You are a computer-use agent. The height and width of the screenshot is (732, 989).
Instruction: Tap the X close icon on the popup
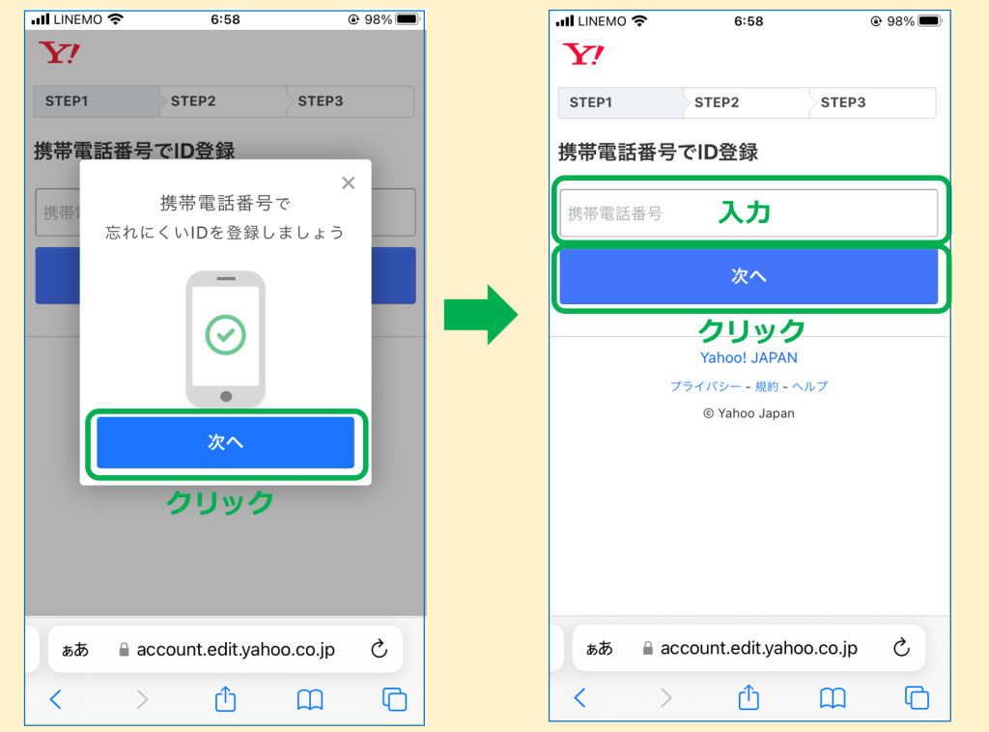click(x=348, y=183)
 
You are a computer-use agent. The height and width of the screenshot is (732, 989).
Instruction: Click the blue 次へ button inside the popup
click(x=225, y=442)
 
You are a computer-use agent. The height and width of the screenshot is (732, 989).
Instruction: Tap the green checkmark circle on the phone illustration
click(x=225, y=335)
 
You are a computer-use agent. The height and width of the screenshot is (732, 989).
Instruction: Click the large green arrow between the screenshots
click(x=481, y=314)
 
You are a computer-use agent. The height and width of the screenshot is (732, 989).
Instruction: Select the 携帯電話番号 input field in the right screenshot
click(x=749, y=213)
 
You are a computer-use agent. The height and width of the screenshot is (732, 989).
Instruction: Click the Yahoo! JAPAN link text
click(x=749, y=357)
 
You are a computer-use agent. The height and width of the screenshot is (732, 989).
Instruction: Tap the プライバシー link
click(x=705, y=386)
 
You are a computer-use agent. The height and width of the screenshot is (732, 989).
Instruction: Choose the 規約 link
click(x=766, y=386)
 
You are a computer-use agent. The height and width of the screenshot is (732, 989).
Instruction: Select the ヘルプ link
click(x=810, y=386)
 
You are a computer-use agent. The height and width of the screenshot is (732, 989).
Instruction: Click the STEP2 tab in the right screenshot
click(x=717, y=102)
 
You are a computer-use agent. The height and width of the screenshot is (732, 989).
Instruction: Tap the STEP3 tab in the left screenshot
click(x=321, y=100)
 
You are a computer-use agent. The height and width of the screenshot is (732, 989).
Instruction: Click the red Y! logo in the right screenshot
click(x=583, y=54)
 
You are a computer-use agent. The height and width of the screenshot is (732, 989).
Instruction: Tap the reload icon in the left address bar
click(x=379, y=648)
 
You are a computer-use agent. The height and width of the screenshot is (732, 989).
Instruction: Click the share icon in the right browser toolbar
click(x=749, y=697)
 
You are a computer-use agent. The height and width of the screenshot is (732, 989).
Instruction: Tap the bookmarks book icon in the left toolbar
click(x=310, y=699)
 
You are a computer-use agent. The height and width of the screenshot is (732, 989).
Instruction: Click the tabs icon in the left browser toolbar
click(x=394, y=699)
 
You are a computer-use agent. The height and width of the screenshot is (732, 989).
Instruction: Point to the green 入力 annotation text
click(x=745, y=212)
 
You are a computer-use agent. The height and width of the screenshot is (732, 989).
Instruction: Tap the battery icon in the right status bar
click(x=930, y=21)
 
